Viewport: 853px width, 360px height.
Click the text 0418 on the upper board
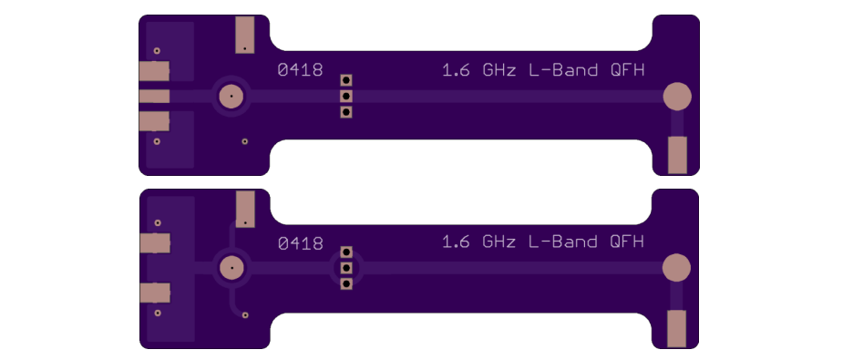pyautogui.click(x=301, y=69)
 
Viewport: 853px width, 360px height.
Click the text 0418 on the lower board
pyautogui.click(x=301, y=243)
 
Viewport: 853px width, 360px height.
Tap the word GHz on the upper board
pyautogui.click(x=498, y=70)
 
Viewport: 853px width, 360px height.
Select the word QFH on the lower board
pyautogui.click(x=627, y=242)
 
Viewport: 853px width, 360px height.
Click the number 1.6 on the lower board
pyautogui.click(x=456, y=242)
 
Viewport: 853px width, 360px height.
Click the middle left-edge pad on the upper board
pyautogui.click(x=155, y=97)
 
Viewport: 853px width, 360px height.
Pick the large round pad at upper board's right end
pyautogui.click(x=677, y=97)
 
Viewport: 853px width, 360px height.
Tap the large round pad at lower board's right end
pyautogui.click(x=677, y=268)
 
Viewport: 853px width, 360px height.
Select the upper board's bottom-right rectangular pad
pyautogui.click(x=677, y=155)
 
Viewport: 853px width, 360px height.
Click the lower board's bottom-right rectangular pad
pyautogui.click(x=677, y=328)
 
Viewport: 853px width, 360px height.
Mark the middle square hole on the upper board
pyautogui.click(x=346, y=97)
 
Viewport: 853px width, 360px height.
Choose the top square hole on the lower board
pyautogui.click(x=346, y=252)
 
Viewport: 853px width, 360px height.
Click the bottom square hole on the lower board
pyautogui.click(x=346, y=283)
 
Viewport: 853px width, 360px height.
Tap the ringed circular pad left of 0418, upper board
pyautogui.click(x=231, y=97)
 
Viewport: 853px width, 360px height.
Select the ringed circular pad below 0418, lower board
pyautogui.click(x=231, y=268)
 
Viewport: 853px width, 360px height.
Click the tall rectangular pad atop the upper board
pyautogui.click(x=245, y=35)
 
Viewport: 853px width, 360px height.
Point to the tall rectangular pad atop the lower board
pyautogui.click(x=245, y=209)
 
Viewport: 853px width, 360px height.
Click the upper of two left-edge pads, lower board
pyautogui.click(x=155, y=243)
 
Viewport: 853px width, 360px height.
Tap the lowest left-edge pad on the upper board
pyautogui.click(x=155, y=121)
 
